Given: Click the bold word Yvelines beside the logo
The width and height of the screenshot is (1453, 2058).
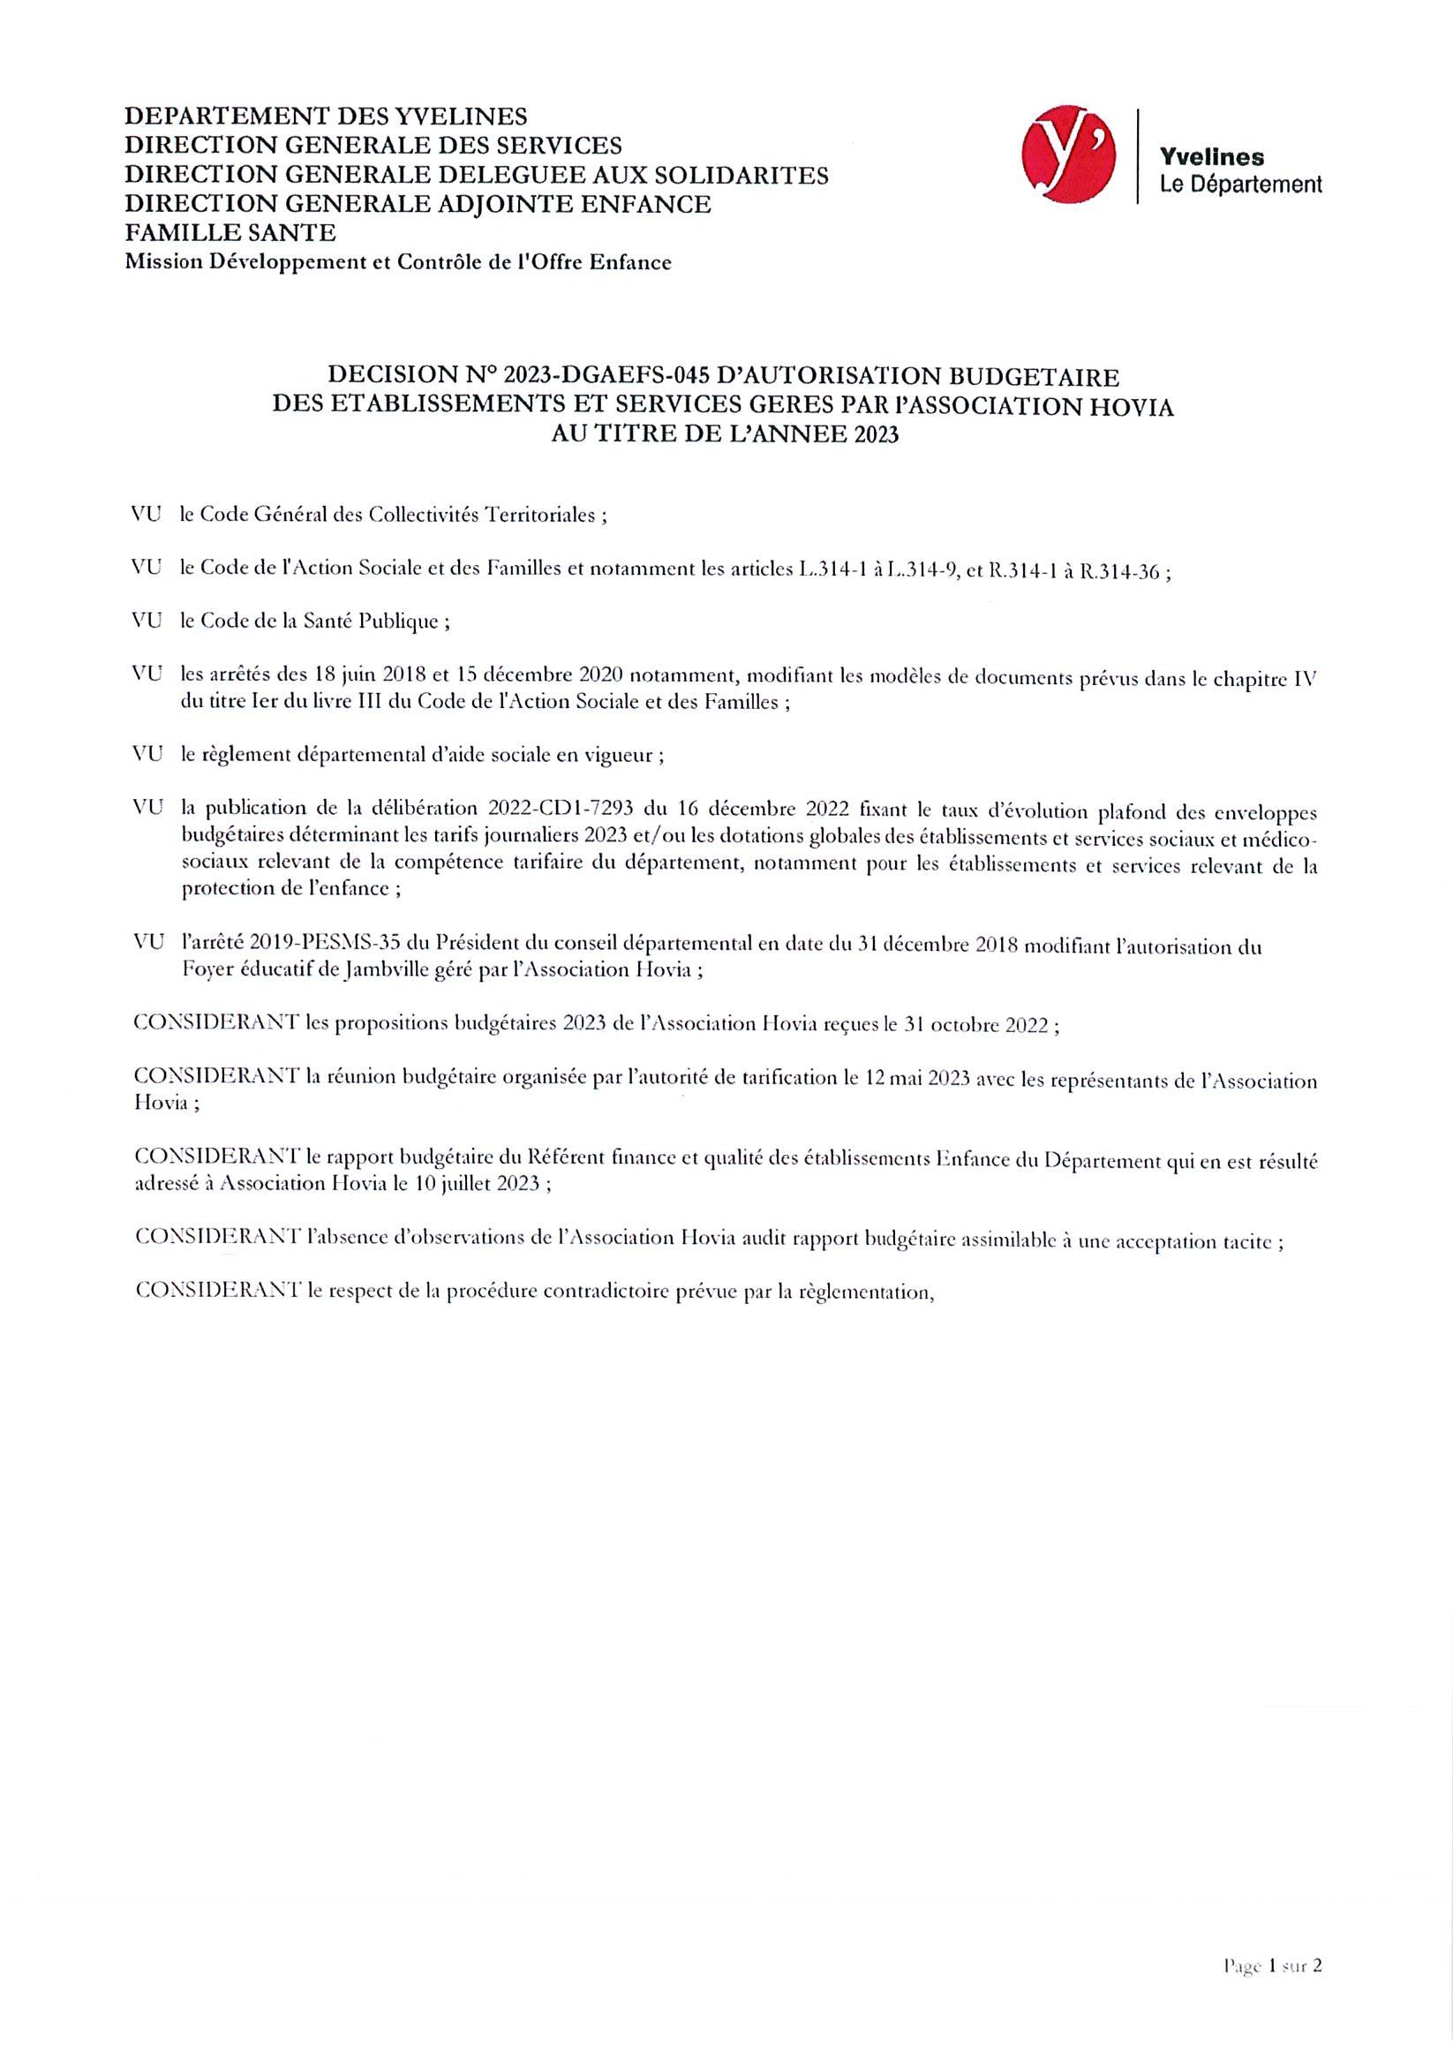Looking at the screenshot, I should pos(1212,157).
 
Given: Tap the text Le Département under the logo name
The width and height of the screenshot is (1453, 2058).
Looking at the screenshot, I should pos(1240,185).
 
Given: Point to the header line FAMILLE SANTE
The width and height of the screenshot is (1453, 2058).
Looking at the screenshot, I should pos(230,233).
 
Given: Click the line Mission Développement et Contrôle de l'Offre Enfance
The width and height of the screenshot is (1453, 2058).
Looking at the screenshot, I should pos(397,261).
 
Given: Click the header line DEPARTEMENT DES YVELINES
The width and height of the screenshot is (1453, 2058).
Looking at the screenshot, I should pos(327,116).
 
